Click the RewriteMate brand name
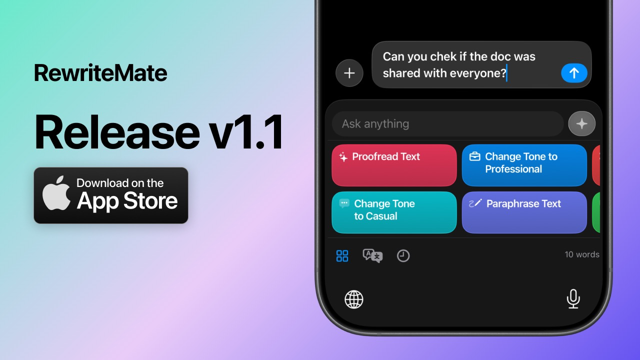click(x=100, y=73)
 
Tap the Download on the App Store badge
click(x=111, y=195)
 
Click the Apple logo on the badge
click(x=56, y=193)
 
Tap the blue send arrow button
click(x=574, y=73)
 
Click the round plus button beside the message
click(x=349, y=73)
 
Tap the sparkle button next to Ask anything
click(x=582, y=124)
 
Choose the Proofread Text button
click(x=394, y=165)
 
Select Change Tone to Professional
click(x=524, y=165)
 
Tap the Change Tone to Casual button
click(x=394, y=212)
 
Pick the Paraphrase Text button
click(x=524, y=212)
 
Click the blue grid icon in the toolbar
click(x=342, y=256)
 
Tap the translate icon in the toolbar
click(x=372, y=256)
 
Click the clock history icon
click(x=403, y=256)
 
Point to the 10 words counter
click(x=581, y=254)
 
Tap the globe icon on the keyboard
click(x=354, y=299)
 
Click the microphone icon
click(x=573, y=299)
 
